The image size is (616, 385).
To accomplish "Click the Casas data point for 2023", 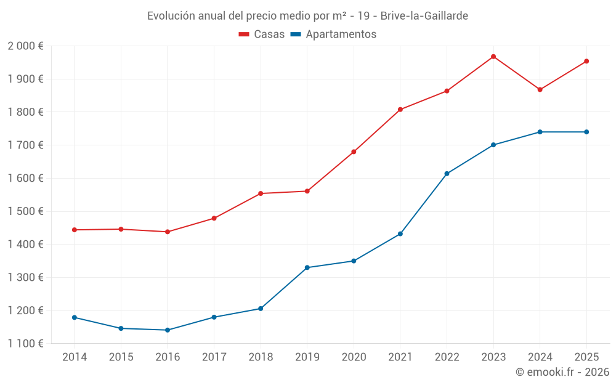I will click(493, 57).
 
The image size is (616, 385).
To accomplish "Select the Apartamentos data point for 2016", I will click(168, 330).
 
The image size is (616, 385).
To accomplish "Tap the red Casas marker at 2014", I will click(75, 230).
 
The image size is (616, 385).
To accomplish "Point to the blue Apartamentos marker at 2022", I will click(447, 174).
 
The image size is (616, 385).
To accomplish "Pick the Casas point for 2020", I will click(354, 152).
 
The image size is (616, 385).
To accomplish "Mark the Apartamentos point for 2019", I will click(307, 267).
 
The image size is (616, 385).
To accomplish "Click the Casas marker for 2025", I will click(586, 61).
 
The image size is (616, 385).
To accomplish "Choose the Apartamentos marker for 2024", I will click(540, 132).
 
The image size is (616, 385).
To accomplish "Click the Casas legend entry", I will click(262, 34).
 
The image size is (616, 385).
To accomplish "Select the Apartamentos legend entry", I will click(333, 34).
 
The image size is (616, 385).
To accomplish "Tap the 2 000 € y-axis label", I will click(25, 46).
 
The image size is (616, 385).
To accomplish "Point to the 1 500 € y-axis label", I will click(25, 211).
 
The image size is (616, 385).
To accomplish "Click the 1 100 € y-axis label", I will click(25, 344).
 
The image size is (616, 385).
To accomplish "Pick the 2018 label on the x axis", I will click(261, 357).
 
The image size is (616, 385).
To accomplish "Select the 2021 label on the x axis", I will click(400, 357).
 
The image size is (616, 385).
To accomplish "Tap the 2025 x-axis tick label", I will click(586, 357).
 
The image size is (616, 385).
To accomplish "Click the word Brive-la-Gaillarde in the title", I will click(424, 16).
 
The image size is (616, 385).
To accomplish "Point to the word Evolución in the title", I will click(170, 16).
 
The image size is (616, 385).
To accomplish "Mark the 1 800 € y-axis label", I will click(25, 112).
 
